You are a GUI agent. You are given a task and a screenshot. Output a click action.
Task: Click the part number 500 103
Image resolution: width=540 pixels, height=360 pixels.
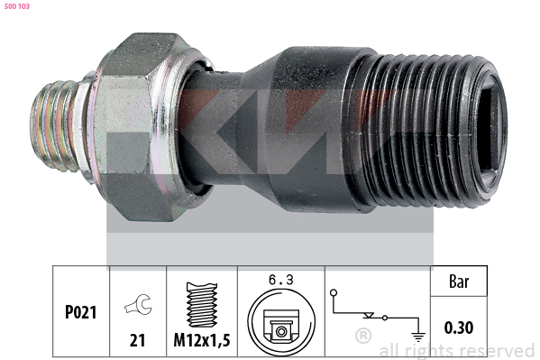(x=17, y=6)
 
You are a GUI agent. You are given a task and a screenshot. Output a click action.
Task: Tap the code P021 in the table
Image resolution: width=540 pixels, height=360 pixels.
(x=80, y=312)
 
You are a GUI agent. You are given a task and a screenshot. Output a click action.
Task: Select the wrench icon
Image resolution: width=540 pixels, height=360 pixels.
(x=138, y=304)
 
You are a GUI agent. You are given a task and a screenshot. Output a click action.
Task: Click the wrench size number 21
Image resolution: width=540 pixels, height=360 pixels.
(x=137, y=340)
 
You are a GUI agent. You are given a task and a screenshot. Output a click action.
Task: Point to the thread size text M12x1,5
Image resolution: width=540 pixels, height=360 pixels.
(x=202, y=340)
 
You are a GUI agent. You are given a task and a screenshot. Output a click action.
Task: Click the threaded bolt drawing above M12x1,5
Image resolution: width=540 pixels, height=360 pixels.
(x=202, y=305)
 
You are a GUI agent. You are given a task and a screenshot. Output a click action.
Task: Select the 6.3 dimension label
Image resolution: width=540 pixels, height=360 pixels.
(x=281, y=280)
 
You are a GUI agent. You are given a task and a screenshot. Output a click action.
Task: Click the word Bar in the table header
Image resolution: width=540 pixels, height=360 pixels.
(x=459, y=282)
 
